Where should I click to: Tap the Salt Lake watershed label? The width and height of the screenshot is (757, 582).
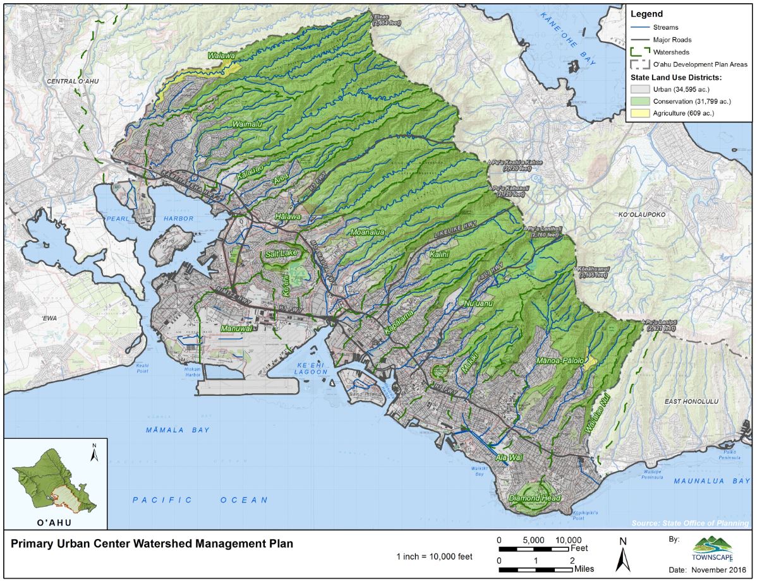281,254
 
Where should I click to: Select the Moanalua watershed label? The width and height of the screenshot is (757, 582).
367,232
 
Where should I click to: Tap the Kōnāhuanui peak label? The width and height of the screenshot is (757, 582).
595,272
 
